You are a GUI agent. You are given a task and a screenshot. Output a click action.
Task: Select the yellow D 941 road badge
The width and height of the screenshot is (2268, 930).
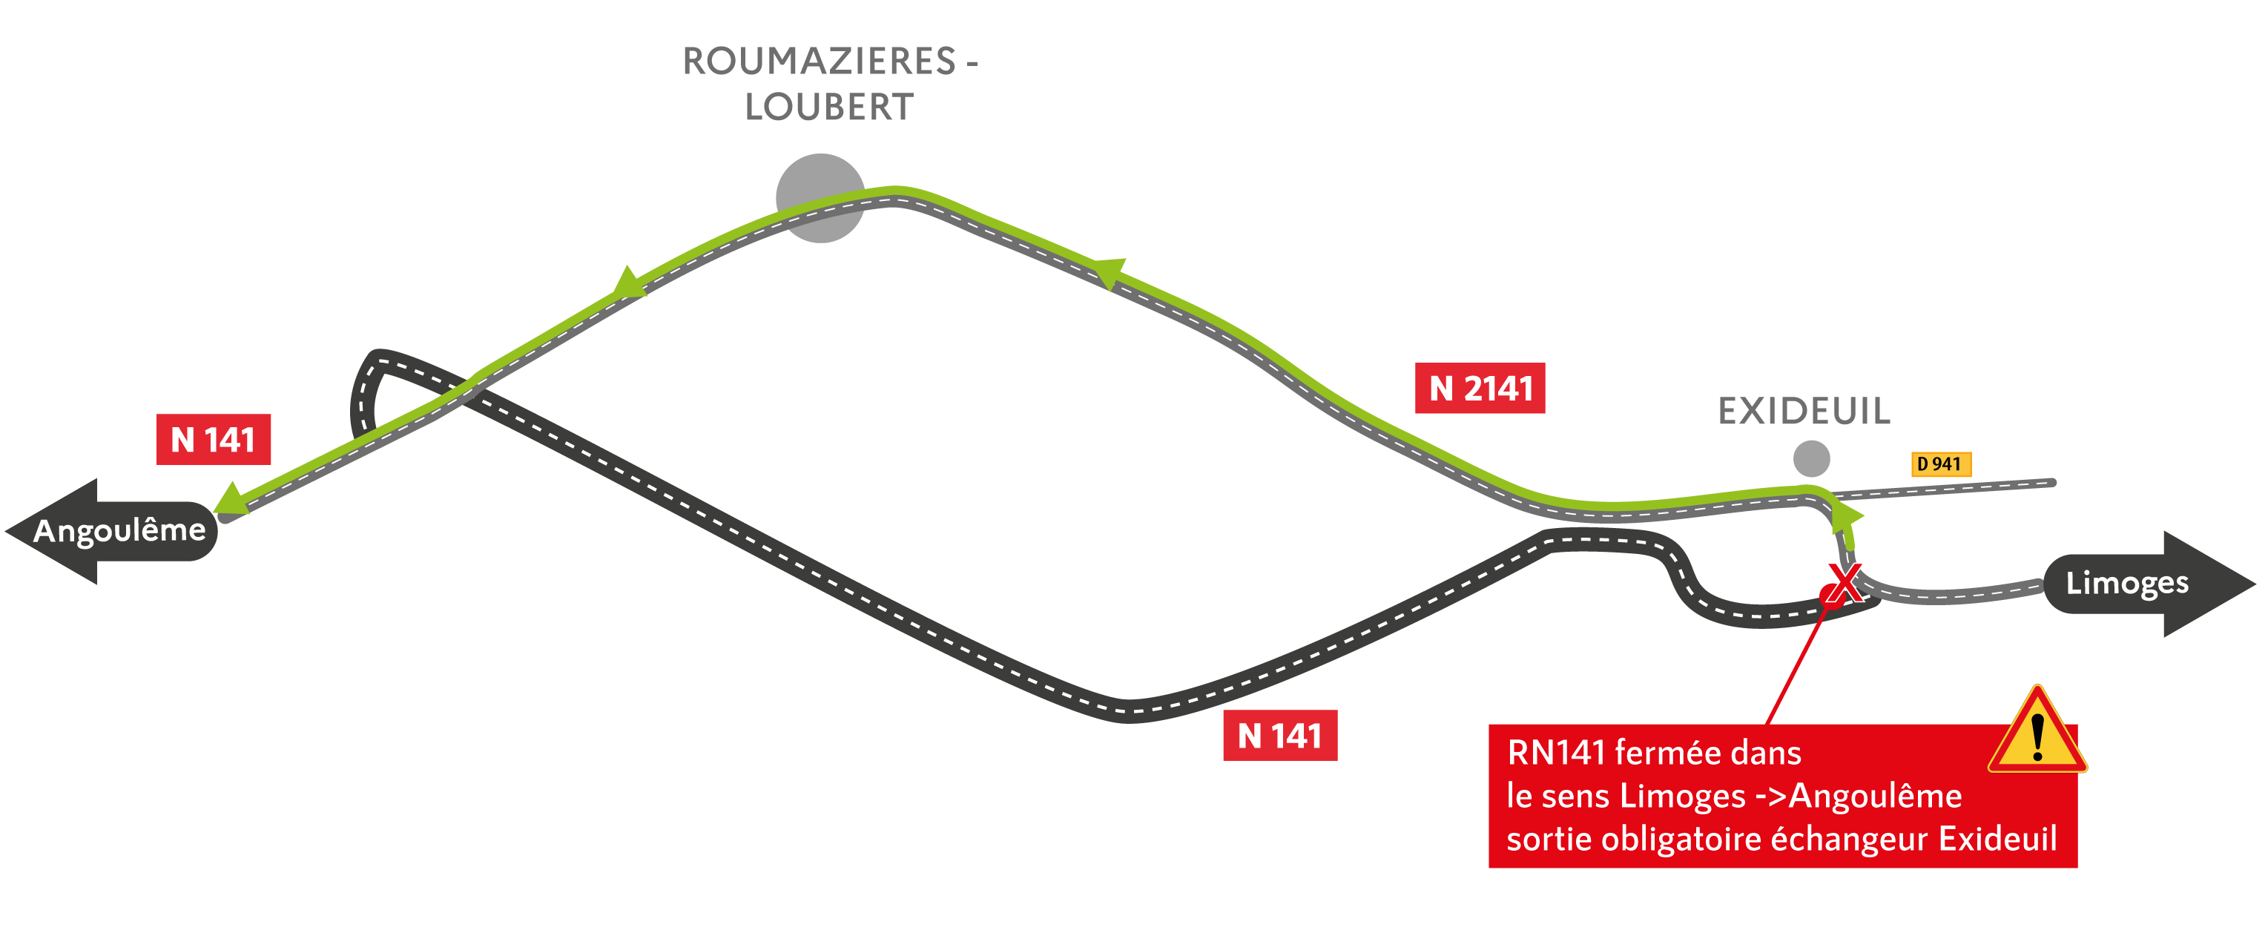1940,464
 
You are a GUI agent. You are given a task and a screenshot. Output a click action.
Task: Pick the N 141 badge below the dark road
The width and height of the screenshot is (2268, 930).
1280,736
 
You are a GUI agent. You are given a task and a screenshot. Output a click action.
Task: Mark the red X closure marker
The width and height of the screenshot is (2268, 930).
1844,583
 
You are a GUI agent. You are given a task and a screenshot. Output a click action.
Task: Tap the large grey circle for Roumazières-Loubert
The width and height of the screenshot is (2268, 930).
820,198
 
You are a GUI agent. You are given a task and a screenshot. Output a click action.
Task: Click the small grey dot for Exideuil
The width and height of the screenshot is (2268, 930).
1811,458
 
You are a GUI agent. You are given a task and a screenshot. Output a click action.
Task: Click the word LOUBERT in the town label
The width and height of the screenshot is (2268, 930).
829,108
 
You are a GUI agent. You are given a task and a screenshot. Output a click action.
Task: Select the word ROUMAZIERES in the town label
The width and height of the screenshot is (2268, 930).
819,62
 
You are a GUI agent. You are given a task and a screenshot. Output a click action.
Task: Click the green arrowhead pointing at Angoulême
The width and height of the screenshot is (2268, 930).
231,499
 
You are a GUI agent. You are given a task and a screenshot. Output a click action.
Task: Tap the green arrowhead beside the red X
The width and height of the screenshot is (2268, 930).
1845,518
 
